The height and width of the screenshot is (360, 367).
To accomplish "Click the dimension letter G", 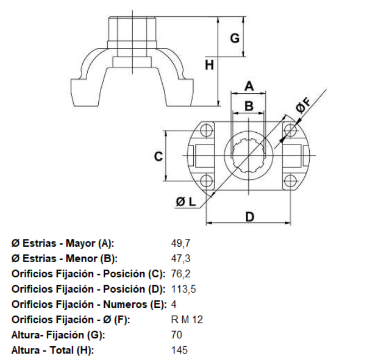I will [x=235, y=38].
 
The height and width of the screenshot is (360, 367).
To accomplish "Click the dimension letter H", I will [x=209, y=66].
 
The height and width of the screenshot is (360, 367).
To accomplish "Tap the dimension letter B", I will [x=249, y=105].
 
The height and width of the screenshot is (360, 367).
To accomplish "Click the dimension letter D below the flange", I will [x=250, y=216].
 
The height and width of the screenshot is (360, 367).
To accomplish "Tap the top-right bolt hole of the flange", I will [x=290, y=130].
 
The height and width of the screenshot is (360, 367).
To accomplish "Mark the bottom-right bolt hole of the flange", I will [x=290, y=181].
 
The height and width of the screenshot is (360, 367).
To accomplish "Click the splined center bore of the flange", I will [x=249, y=156].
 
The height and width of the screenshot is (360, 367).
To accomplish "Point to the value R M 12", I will [x=187, y=320].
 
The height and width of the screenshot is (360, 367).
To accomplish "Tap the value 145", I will [x=180, y=351].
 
